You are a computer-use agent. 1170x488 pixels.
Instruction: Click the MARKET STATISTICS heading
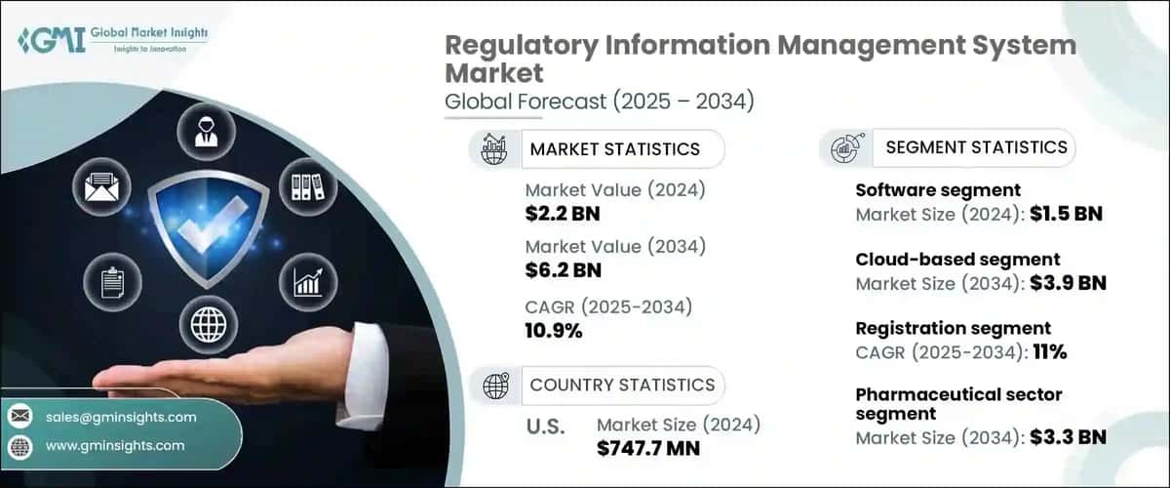click(x=614, y=148)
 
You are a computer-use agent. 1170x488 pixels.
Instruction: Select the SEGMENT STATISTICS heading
click(x=975, y=147)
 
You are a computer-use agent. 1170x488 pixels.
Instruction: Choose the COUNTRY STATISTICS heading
click(x=621, y=385)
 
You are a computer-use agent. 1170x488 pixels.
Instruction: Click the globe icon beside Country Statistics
click(x=495, y=386)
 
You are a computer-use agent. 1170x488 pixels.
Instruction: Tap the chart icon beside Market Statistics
click(x=495, y=149)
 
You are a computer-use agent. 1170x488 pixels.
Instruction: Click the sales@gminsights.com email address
click(x=121, y=417)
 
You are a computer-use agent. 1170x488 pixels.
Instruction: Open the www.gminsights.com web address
click(x=115, y=445)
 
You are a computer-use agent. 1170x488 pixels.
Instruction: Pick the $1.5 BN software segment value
click(x=1066, y=213)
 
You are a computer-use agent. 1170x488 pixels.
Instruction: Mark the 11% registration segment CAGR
click(x=1048, y=352)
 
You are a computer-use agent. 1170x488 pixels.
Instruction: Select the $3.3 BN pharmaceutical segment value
click(x=1068, y=437)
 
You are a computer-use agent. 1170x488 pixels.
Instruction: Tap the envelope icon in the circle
click(x=100, y=184)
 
